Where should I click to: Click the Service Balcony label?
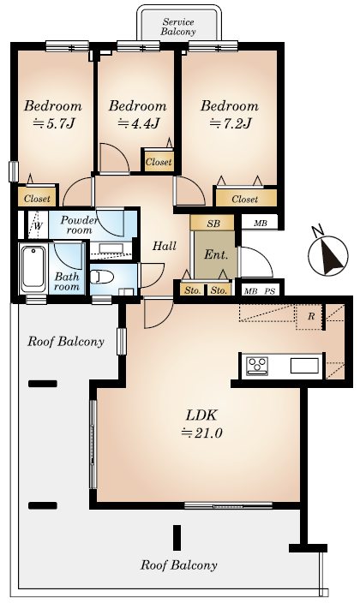[178, 27]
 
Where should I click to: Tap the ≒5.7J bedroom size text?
[54, 124]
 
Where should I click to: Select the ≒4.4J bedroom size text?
[138, 124]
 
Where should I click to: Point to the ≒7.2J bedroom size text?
[230, 124]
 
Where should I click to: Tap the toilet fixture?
[101, 277]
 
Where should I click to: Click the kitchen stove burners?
[257, 365]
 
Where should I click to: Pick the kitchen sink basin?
[304, 366]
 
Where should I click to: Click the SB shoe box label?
[213, 224]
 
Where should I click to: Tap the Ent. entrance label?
[216, 254]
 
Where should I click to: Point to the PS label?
[269, 291]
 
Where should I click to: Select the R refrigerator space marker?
[311, 317]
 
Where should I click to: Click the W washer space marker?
[38, 226]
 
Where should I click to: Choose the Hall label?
[165, 246]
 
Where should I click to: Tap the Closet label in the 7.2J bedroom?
[245, 200]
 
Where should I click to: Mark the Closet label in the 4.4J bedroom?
[159, 162]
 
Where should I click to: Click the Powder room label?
[80, 225]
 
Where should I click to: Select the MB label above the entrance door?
[261, 223]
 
